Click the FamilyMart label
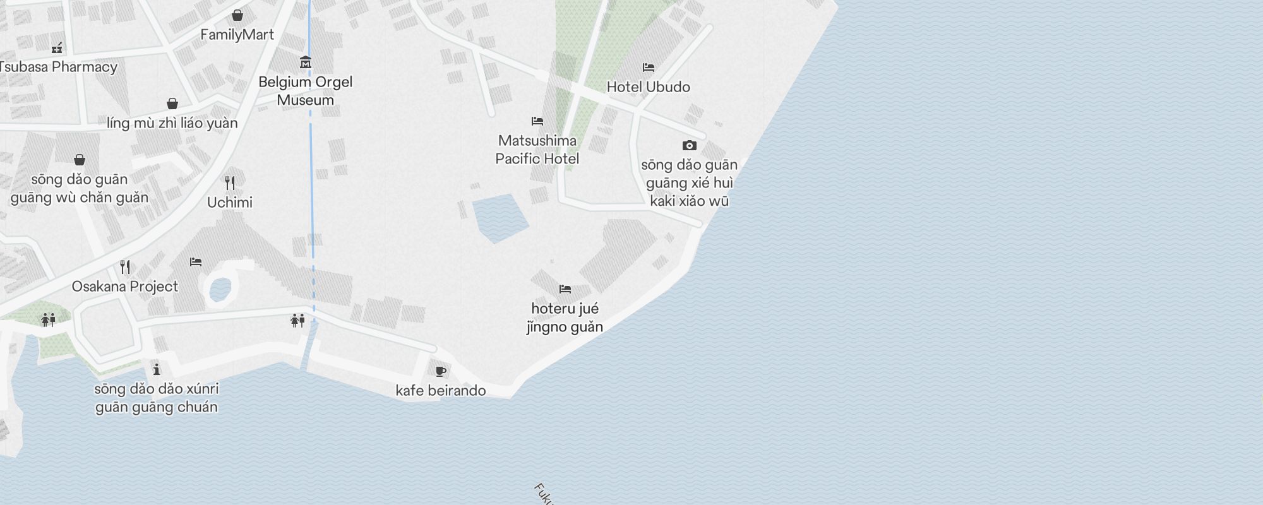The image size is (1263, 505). tap(237, 35)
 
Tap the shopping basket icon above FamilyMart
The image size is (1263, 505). tap(237, 15)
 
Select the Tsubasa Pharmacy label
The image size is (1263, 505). tap(59, 67)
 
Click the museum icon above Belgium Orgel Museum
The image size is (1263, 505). tap(306, 62)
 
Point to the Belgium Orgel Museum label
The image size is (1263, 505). tap(306, 91)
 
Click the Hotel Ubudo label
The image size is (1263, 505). tap(648, 87)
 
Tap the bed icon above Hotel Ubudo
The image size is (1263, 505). tap(648, 68)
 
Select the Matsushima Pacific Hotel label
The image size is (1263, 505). tap(537, 150)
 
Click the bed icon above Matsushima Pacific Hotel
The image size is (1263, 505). tap(537, 121)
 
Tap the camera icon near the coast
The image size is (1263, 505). tap(690, 145)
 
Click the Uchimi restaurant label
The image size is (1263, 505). tap(230, 203)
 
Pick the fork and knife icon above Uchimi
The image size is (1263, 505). tap(230, 183)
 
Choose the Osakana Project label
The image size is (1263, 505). tap(125, 287)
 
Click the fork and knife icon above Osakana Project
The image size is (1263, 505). tap(125, 267)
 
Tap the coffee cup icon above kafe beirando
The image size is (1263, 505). tap(441, 371)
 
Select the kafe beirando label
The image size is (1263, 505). tap(441, 391)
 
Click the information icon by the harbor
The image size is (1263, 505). tap(157, 369)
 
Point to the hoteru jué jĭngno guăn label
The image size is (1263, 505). tap(565, 318)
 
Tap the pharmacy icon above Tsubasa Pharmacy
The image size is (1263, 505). tap(57, 47)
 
